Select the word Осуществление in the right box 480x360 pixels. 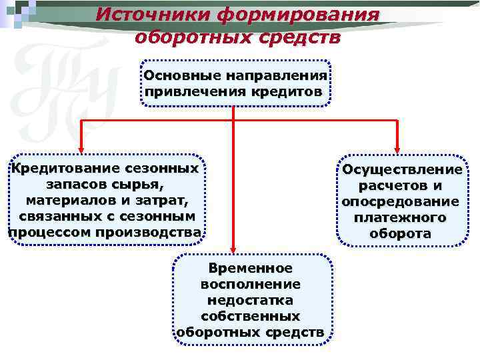coord(402,170)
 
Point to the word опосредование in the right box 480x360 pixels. coord(400,202)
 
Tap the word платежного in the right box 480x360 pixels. coord(401,218)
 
